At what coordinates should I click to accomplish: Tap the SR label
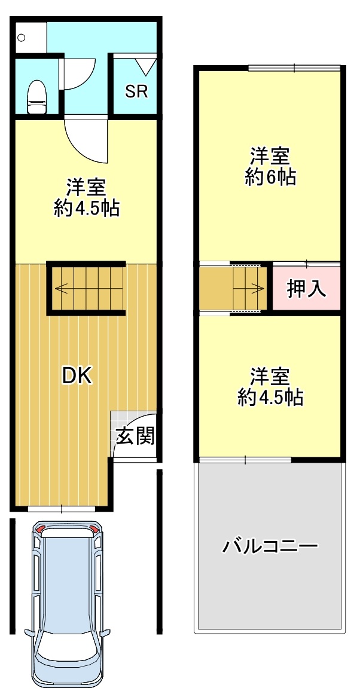point(136,92)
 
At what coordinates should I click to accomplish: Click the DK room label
point(77,376)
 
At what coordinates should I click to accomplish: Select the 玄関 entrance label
point(135,436)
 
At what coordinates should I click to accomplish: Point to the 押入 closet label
point(306,289)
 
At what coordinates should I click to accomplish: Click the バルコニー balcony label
point(270,545)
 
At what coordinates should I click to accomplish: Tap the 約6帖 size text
point(270,178)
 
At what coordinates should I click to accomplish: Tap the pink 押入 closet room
point(306,288)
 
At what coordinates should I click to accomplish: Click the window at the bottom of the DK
point(62,509)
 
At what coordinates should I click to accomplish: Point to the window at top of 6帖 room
point(295,68)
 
